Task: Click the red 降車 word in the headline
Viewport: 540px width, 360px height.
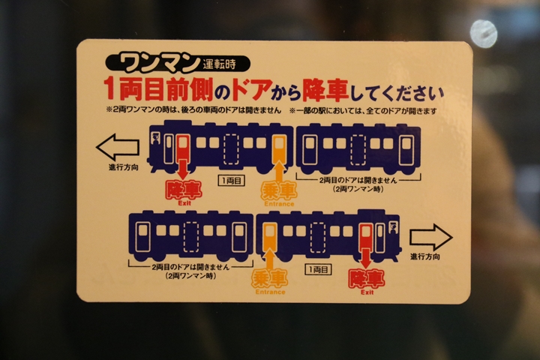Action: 325,90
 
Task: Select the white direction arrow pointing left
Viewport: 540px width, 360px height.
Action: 118,148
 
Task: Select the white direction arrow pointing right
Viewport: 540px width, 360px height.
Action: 430,237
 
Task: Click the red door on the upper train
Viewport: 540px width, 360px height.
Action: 182,149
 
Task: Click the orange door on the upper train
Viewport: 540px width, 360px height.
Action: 279,149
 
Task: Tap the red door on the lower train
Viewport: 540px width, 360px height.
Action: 366,237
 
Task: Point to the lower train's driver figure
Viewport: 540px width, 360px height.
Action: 393,229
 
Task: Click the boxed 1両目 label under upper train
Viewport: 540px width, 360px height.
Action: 232,181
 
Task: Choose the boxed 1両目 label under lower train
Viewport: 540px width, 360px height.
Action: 319,269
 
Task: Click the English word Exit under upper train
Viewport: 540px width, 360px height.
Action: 184,203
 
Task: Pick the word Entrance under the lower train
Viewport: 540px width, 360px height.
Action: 270,292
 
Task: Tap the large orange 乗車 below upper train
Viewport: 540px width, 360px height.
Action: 279,190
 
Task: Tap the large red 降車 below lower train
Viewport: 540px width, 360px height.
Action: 367,279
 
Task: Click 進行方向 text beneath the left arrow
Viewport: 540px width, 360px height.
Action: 124,168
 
